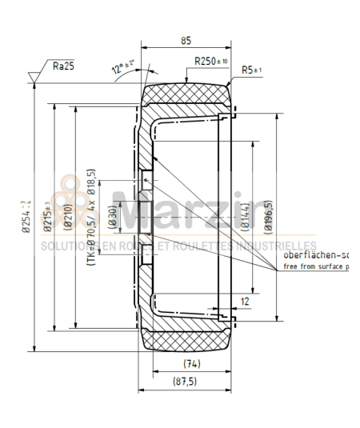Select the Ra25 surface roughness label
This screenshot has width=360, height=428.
tap(63, 66)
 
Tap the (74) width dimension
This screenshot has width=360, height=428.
tap(187, 363)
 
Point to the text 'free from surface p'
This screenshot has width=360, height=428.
tap(317, 266)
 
